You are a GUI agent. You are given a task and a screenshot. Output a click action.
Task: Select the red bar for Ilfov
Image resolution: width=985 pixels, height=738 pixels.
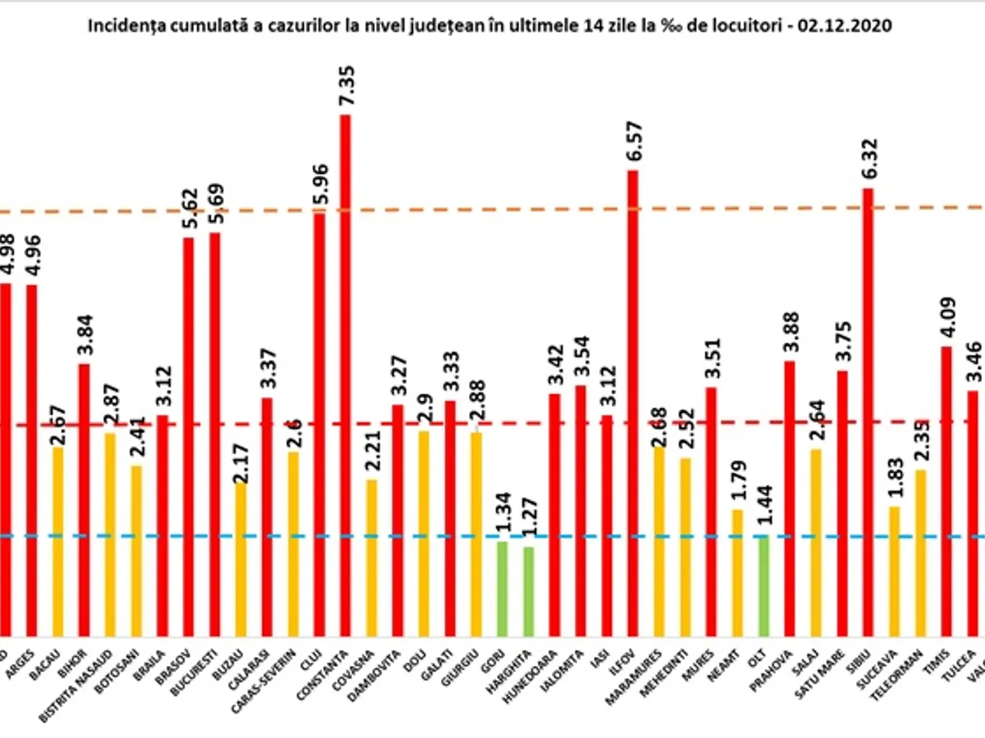(x=633, y=402)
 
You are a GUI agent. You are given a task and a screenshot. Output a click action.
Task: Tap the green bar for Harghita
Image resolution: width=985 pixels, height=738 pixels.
(x=529, y=590)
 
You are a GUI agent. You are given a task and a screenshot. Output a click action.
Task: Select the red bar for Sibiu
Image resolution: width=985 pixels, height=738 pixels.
(x=868, y=410)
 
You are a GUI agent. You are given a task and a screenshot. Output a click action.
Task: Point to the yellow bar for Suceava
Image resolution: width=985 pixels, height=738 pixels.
(x=894, y=571)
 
